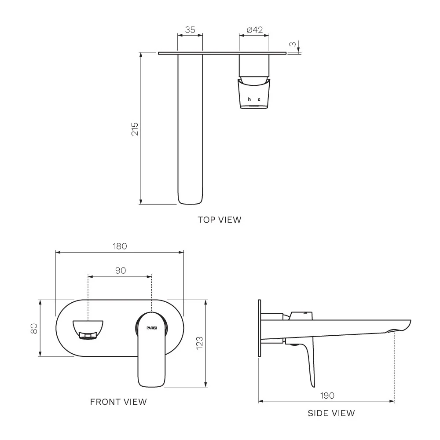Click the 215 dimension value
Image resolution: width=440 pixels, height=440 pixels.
(x=135, y=129)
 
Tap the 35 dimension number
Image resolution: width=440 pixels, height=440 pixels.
(x=190, y=30)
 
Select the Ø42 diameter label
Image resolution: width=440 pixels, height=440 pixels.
(x=254, y=30)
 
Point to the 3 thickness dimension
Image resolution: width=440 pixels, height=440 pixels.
(x=293, y=44)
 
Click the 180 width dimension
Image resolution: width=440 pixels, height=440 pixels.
(x=120, y=246)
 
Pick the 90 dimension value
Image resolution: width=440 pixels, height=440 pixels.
(x=121, y=271)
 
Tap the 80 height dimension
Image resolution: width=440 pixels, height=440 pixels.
(x=34, y=328)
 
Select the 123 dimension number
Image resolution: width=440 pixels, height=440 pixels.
(x=199, y=343)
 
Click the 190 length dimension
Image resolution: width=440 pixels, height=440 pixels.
(x=327, y=396)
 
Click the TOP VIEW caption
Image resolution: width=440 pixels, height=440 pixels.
(x=220, y=220)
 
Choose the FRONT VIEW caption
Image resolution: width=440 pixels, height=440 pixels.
(x=118, y=402)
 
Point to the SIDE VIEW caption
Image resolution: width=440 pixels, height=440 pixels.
(x=331, y=413)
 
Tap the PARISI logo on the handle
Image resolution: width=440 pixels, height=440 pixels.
(x=152, y=328)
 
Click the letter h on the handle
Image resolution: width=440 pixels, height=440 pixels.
(x=249, y=99)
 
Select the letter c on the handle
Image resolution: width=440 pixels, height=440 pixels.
(x=259, y=99)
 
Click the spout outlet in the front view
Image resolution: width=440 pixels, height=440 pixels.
(x=88, y=336)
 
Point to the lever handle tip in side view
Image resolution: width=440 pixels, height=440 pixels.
(x=313, y=386)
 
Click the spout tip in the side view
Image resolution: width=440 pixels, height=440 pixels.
(x=410, y=322)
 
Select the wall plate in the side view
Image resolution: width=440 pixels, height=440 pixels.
(x=260, y=328)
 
